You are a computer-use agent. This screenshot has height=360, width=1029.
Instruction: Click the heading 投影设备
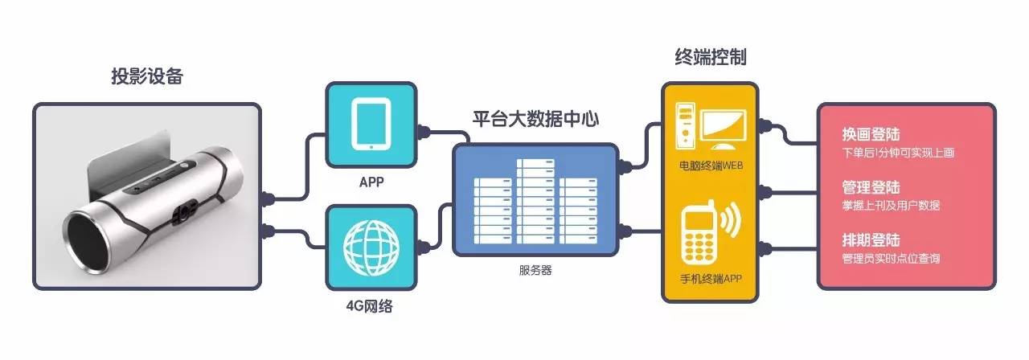tap(147, 77)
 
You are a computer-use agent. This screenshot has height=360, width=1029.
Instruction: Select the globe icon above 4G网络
tap(371, 247)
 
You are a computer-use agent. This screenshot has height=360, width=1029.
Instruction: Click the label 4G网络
tap(370, 306)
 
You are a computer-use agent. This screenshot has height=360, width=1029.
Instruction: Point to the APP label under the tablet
tap(370, 182)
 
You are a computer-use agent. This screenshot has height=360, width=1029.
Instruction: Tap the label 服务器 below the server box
tap(535, 270)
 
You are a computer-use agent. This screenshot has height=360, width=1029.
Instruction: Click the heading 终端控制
tap(710, 58)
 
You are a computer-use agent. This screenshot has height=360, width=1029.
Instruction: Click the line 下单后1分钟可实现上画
tap(898, 153)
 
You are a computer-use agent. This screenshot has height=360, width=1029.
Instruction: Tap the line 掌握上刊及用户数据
tap(891, 206)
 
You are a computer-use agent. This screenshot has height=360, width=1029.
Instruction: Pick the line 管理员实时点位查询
tap(891, 259)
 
